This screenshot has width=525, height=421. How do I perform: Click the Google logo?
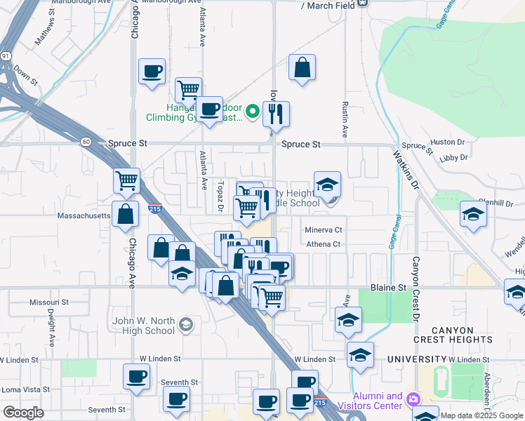(23, 413)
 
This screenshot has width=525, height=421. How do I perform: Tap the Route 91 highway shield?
(6, 55)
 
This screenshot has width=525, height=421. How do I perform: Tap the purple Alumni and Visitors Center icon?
(413, 399)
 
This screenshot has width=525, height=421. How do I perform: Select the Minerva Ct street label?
(323, 229)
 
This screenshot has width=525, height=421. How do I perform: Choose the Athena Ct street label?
(323, 244)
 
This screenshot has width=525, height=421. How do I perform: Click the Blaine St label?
(388, 288)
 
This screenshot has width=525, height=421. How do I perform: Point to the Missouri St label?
(49, 302)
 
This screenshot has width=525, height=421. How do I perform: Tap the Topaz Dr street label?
(220, 199)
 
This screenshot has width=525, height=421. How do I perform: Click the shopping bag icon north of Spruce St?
(302, 69)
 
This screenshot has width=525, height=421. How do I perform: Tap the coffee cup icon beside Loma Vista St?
(137, 376)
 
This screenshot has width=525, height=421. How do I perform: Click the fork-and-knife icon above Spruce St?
(277, 113)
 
